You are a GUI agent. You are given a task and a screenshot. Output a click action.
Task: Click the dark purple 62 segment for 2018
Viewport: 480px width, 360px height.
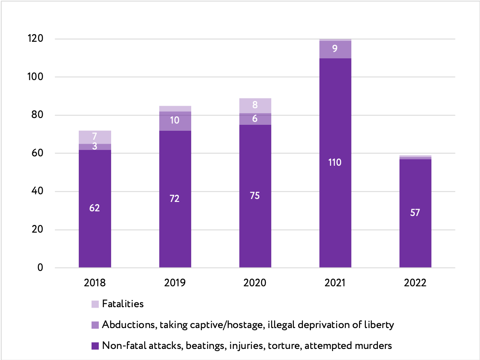tap(95, 209)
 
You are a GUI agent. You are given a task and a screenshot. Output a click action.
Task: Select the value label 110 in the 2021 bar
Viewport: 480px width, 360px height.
tap(335, 162)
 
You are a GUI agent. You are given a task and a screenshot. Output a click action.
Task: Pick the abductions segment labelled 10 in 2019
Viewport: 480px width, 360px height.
tap(175, 121)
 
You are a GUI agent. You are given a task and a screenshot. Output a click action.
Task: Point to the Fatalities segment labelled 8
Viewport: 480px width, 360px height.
tap(255, 105)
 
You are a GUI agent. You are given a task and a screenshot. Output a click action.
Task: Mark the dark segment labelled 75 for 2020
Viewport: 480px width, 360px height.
tap(255, 196)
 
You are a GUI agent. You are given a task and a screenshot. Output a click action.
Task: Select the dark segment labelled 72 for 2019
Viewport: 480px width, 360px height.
tap(175, 199)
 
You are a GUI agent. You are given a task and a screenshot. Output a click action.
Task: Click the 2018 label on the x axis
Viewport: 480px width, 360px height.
tap(95, 283)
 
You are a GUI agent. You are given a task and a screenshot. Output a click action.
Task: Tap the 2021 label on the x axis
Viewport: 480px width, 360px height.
tap(335, 283)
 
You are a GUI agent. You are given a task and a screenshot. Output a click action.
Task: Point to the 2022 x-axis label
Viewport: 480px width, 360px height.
tap(415, 283)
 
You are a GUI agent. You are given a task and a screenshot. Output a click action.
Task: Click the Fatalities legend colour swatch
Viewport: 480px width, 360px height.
tap(95, 304)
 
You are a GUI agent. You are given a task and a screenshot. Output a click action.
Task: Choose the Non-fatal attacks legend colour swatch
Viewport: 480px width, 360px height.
tap(95, 346)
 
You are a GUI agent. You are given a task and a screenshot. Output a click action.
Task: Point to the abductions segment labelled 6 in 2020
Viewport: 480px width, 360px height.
tap(255, 119)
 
